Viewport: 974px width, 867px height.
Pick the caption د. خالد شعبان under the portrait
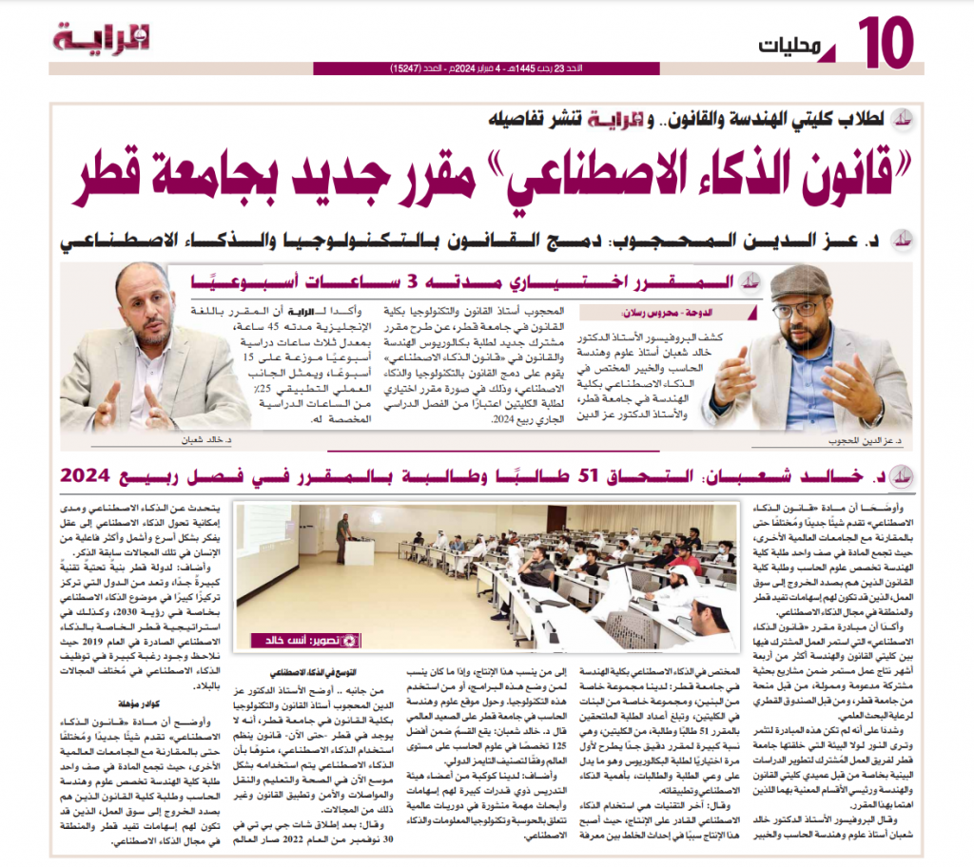pyautogui.click(x=191, y=441)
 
